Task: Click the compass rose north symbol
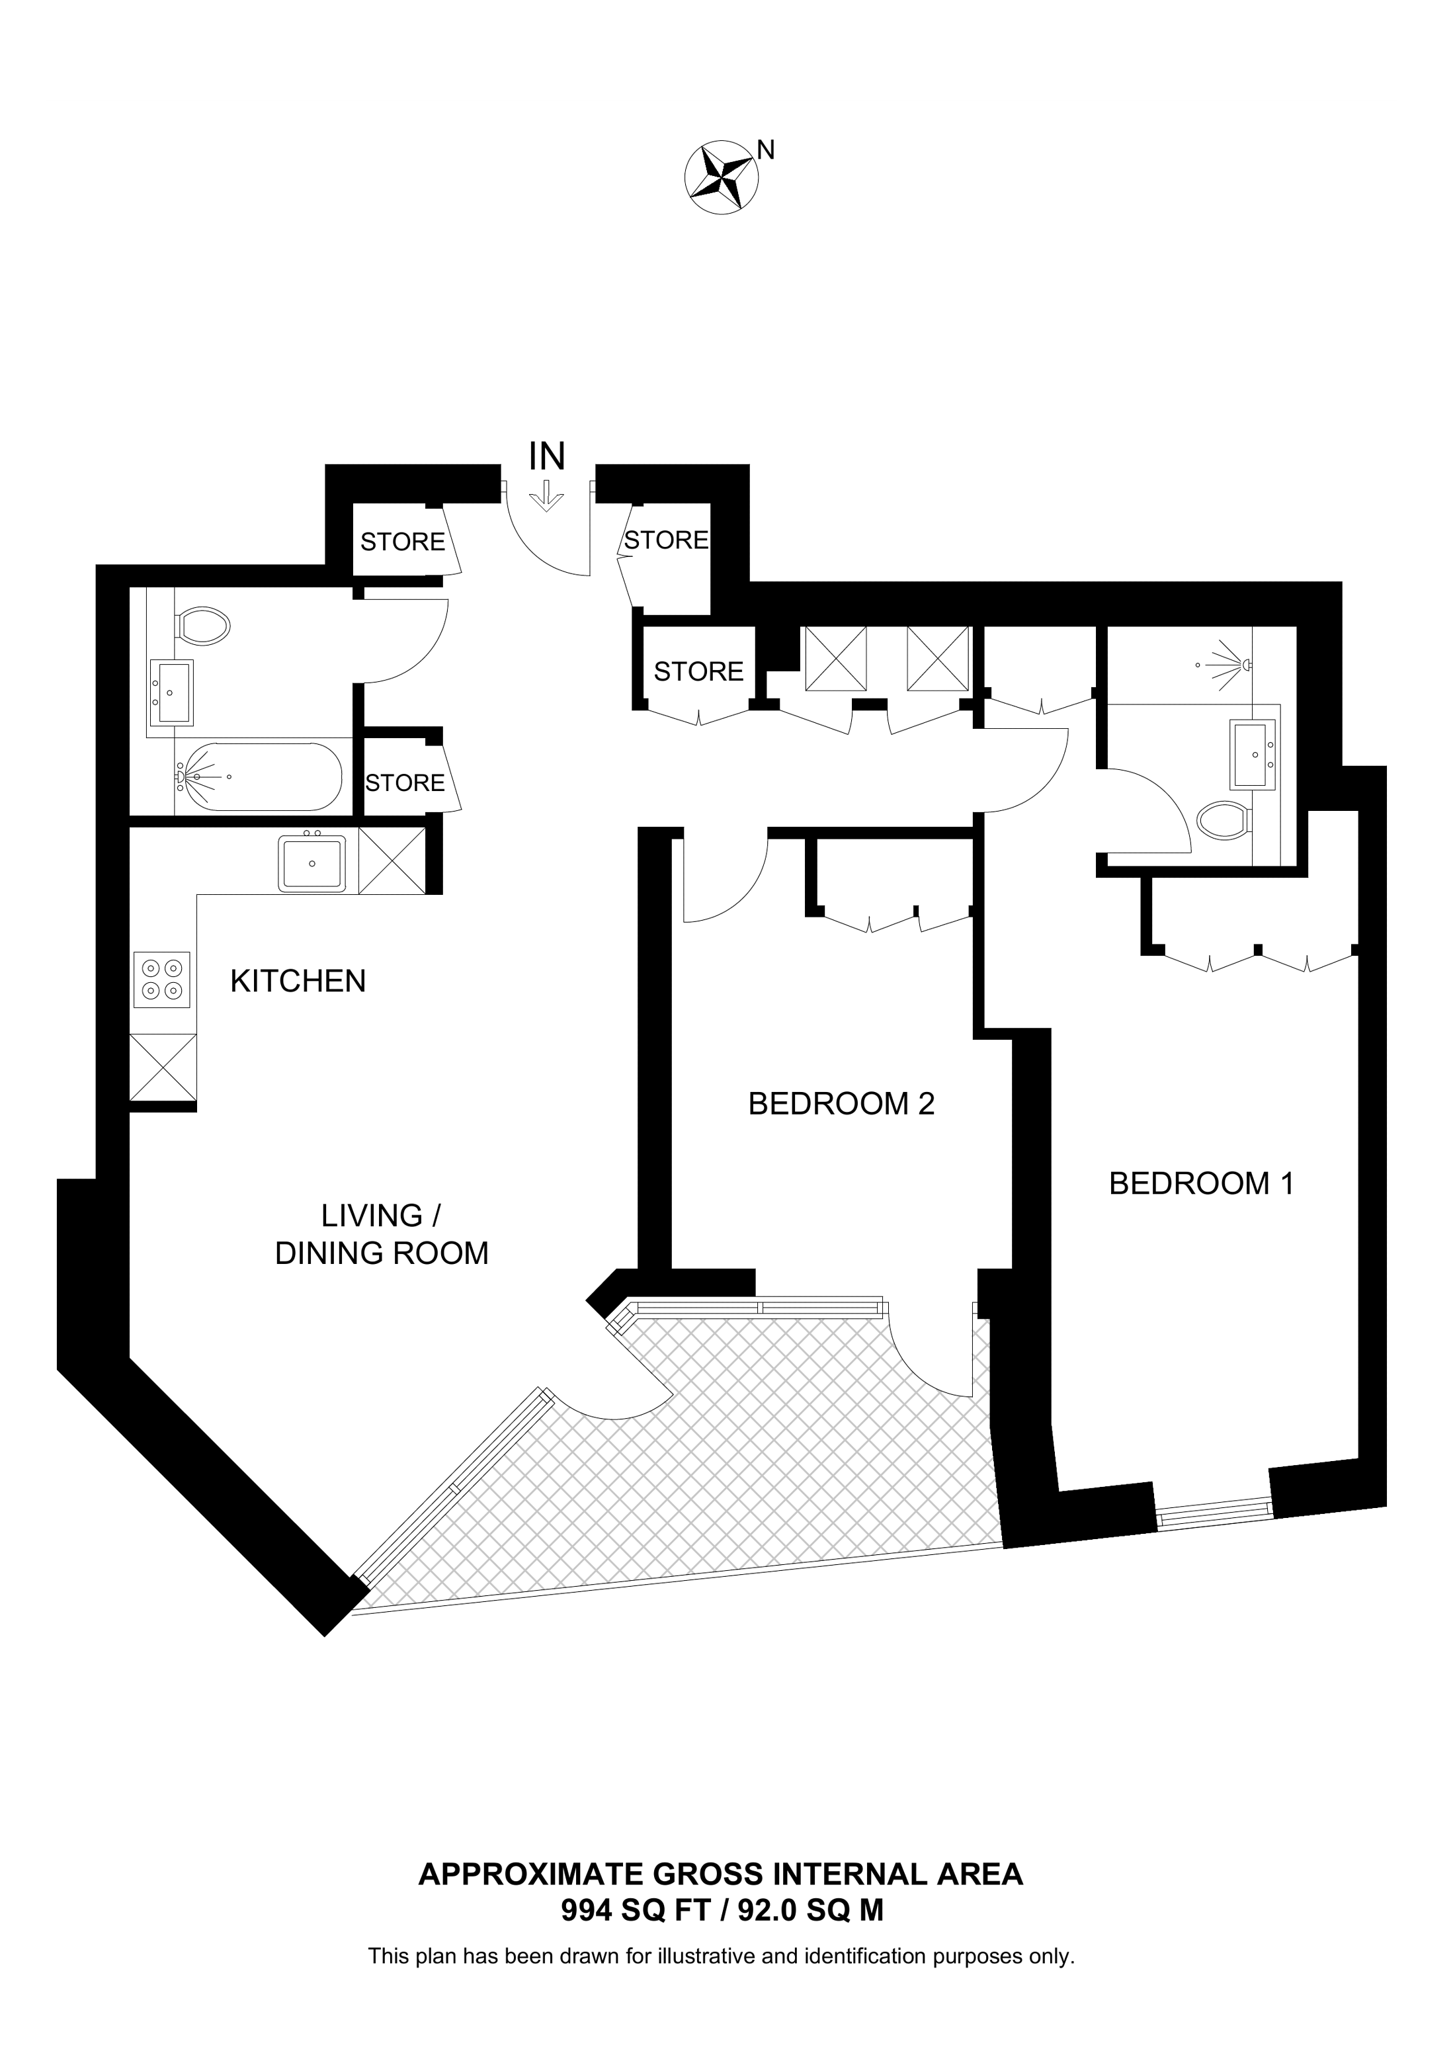(x=722, y=177)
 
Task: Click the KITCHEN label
(x=298, y=981)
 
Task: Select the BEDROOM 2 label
(x=841, y=1104)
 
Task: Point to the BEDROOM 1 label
(x=1201, y=1184)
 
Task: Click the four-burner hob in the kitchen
(x=162, y=980)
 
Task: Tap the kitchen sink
(x=312, y=864)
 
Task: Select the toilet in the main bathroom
(x=204, y=625)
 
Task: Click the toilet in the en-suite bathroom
(x=1226, y=819)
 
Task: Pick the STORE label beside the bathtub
(x=405, y=783)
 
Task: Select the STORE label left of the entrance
(x=403, y=542)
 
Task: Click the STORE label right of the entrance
(x=666, y=540)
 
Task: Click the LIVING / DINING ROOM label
(x=382, y=1234)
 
